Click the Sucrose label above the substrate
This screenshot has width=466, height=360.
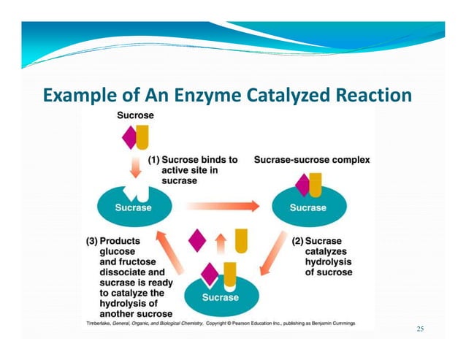135,115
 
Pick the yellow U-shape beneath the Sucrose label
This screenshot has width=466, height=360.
142,137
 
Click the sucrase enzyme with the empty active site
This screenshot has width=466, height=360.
133,204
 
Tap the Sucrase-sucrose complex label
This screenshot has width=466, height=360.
311,159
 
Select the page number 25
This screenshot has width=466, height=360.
420,329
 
